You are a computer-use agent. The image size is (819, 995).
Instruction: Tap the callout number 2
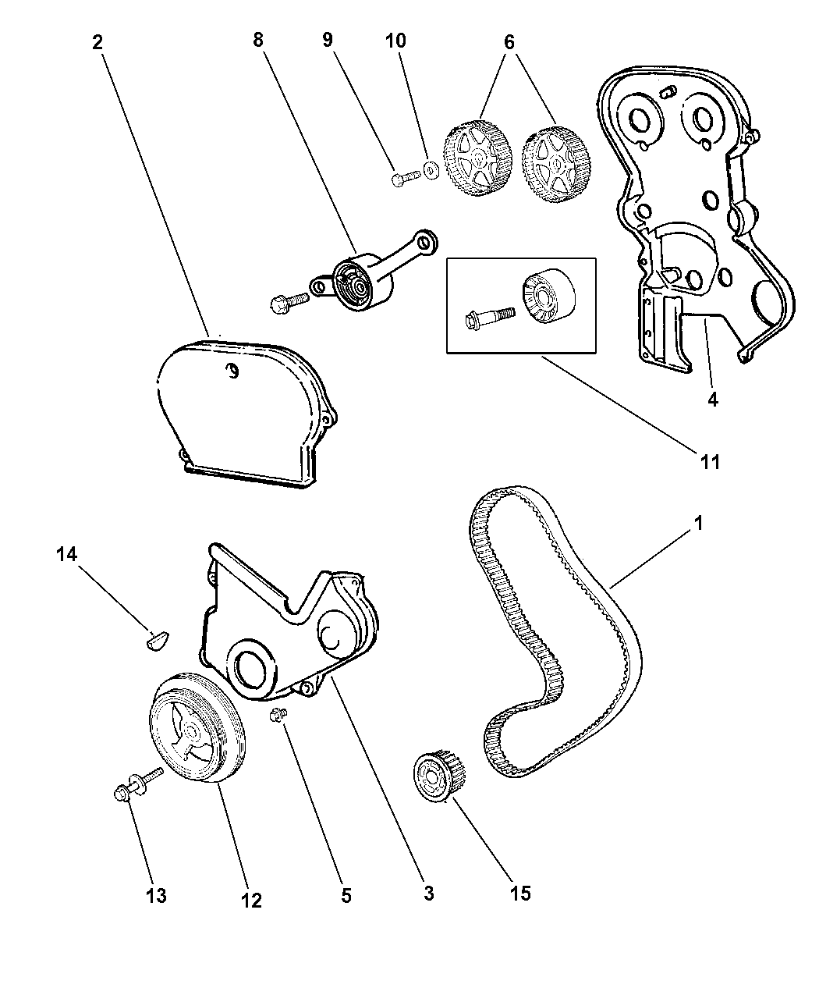click(x=97, y=41)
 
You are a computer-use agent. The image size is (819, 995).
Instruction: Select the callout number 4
click(x=712, y=400)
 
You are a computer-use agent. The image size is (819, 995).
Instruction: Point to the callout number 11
click(x=709, y=461)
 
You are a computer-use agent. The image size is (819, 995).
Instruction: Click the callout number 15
click(x=520, y=893)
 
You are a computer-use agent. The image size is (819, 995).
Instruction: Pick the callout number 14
click(x=67, y=555)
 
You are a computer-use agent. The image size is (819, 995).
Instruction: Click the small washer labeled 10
click(x=429, y=169)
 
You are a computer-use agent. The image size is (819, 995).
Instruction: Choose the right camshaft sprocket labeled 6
click(x=555, y=164)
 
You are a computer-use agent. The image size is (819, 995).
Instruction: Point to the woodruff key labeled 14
click(x=156, y=641)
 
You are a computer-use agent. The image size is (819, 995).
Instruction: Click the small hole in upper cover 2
click(x=232, y=371)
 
